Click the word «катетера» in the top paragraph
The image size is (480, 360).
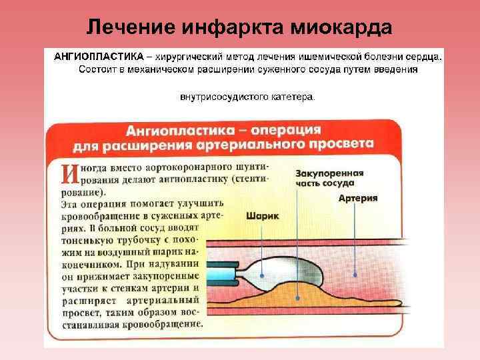[x=292, y=97]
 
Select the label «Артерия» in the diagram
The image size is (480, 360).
[x=358, y=199]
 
